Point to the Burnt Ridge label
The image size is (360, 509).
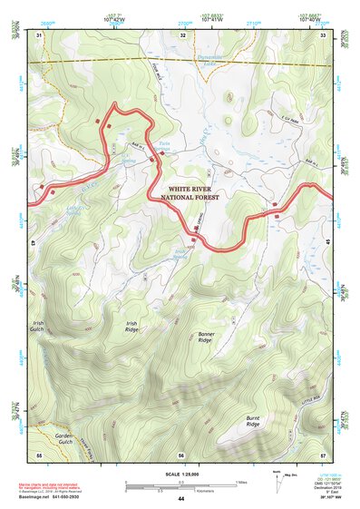(x=252, y=421)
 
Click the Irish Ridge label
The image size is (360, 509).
(x=131, y=326)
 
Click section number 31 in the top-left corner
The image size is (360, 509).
(x=39, y=35)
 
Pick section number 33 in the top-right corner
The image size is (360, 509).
(x=324, y=35)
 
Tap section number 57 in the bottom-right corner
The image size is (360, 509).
(x=324, y=454)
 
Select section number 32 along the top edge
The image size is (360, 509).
(x=182, y=35)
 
